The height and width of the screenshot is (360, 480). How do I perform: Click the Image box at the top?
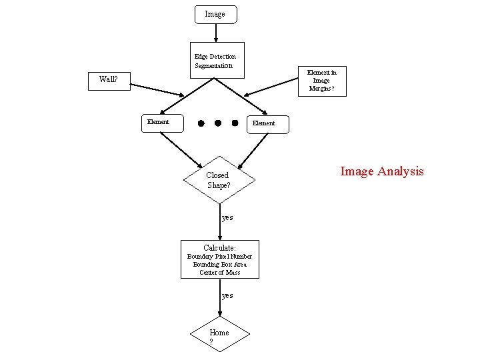[x=215, y=15]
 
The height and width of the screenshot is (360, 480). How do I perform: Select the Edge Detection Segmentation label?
[x=215, y=61]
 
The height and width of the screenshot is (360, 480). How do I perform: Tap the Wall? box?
[x=109, y=79]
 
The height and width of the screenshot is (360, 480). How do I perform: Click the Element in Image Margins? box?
[x=321, y=81]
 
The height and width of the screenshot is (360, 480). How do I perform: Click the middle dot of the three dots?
[x=218, y=123]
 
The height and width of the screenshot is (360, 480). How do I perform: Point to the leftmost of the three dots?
[x=201, y=123]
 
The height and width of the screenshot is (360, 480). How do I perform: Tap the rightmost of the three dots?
[x=235, y=123]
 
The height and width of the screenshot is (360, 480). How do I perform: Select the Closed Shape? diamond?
[x=219, y=179]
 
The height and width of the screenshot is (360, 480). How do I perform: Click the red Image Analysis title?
[x=381, y=171]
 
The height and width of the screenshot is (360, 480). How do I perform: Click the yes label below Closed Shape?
[x=227, y=217]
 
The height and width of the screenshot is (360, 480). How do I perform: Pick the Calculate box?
[x=220, y=259]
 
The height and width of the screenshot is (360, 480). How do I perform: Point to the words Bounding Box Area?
[x=220, y=264]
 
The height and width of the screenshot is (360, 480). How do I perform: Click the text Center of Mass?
[x=220, y=272]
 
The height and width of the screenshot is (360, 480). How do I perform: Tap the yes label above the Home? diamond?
[x=227, y=295]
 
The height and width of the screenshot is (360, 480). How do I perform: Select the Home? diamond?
[x=219, y=336]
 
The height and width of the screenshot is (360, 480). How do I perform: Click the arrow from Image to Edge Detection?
[x=215, y=35]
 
